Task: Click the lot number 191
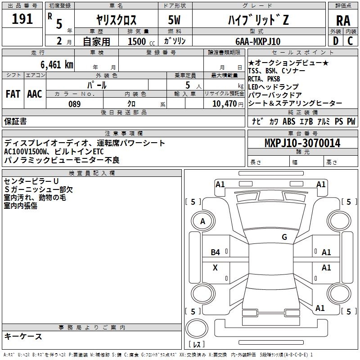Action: [22, 19]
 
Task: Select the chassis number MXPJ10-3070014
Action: [302, 143]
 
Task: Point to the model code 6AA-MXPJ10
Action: [257, 41]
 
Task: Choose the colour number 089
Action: [74, 103]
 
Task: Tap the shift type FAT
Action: [13, 94]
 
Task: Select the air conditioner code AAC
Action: [35, 94]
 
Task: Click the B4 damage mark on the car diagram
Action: [216, 252]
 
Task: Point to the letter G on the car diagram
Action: [284, 237]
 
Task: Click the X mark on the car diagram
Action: [215, 268]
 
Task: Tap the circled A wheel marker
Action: [202, 221]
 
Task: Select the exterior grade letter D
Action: [335, 41]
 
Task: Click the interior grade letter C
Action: [350, 41]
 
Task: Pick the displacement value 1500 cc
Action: [138, 41]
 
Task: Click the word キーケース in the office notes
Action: [23, 336]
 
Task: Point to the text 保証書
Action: [15, 121]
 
